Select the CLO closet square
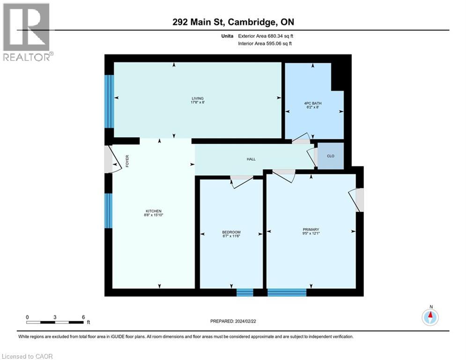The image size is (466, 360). point(331,156)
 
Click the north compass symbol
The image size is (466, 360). point(430,317)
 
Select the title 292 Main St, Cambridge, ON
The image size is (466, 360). point(233,22)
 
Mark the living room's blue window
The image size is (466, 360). point(109,101)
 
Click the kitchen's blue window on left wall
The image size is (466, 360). point(109,210)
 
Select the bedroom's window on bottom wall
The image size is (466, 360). point(244,293)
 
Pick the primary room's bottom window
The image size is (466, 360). point(287,293)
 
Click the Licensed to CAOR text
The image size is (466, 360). point(27,356)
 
